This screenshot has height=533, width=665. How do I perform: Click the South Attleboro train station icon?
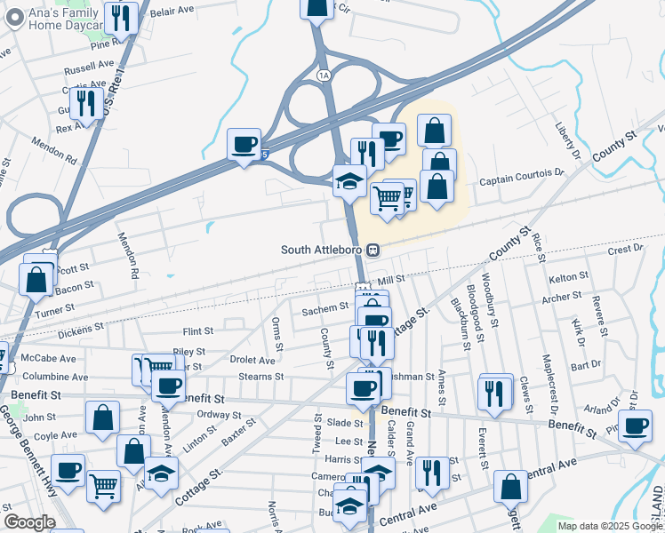coord(376,250)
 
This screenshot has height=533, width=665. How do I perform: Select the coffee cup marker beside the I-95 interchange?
coord(244,145)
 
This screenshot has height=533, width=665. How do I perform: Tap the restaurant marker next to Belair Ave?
coord(121,18)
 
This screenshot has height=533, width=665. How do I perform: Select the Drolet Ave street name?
coord(252,360)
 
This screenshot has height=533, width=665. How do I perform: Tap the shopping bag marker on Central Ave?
coord(511,487)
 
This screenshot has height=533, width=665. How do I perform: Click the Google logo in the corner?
coord(28,522)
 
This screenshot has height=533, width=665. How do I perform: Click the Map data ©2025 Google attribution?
coord(610,526)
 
